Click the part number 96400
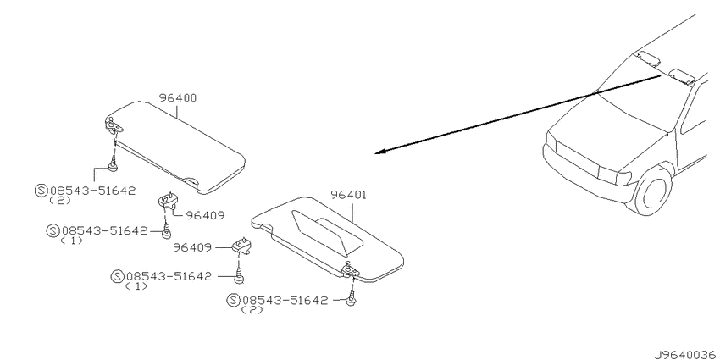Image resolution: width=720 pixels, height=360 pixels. tap(178, 97)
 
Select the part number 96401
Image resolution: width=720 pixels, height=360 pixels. tap(348, 195)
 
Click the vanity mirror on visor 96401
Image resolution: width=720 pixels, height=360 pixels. tap(328, 234)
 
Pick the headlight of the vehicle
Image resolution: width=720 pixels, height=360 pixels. tap(614, 175)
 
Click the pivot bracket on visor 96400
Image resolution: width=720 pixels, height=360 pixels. tap(113, 125)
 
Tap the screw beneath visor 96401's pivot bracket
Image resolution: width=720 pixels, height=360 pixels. tap(352, 297)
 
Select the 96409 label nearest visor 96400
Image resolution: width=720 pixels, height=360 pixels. tap(206, 215)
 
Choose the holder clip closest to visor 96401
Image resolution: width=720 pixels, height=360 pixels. tap(243, 246)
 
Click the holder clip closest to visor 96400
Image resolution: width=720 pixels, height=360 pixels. tap(168, 201)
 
